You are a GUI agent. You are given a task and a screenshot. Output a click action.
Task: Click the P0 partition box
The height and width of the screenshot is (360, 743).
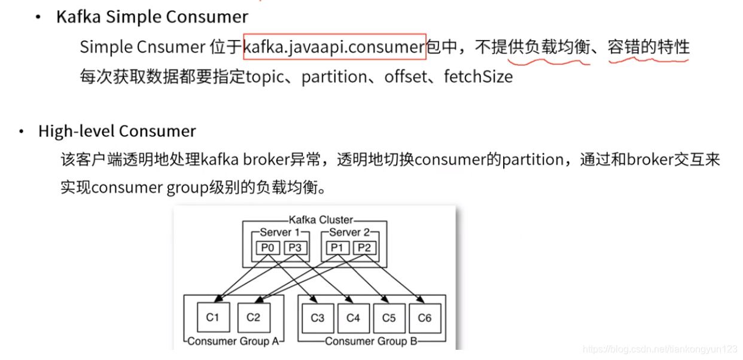click(267, 248)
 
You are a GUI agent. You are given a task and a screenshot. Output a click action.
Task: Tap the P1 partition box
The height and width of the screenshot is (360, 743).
click(337, 248)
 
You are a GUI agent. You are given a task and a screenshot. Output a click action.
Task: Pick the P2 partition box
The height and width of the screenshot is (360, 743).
click(364, 248)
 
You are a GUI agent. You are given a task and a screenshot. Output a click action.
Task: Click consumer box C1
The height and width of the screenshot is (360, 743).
click(213, 318)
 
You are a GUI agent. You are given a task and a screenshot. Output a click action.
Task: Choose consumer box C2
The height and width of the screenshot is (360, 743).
click(253, 318)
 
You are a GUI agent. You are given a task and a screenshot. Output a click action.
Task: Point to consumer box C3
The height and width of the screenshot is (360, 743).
click(317, 318)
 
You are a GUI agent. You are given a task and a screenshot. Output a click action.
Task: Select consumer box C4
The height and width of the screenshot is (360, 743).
click(353, 318)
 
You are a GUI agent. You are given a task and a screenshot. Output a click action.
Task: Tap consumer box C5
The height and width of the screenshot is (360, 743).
click(389, 318)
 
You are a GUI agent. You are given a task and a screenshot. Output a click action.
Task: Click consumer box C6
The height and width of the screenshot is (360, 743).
click(424, 318)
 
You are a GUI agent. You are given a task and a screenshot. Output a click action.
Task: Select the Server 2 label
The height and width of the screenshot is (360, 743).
click(349, 232)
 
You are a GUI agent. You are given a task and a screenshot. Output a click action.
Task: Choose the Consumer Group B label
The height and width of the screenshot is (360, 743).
click(371, 341)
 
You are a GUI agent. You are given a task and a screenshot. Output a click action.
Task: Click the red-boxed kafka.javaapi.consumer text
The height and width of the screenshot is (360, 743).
click(334, 47)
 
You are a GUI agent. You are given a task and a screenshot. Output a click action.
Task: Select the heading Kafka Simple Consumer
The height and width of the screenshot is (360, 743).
click(152, 17)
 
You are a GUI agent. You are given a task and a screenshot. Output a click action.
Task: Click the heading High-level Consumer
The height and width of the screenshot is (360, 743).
click(117, 131)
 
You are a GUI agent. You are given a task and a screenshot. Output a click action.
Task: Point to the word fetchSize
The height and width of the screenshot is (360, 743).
click(478, 77)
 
